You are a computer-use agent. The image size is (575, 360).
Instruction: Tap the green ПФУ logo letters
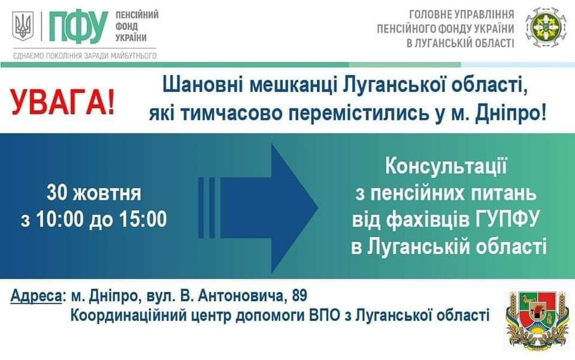pyautogui.click(x=78, y=27)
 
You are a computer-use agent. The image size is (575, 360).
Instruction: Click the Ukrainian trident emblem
pyautogui.click(x=23, y=26)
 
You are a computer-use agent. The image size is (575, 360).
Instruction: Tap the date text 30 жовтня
pyautogui.click(x=93, y=193)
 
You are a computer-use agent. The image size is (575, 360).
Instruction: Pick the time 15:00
pyautogui.click(x=143, y=219)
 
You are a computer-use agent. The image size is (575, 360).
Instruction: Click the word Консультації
pyautogui.click(x=445, y=167)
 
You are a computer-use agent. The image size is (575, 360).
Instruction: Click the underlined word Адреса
pyautogui.click(x=36, y=296)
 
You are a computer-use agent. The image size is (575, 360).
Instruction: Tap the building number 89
pyautogui.click(x=299, y=295)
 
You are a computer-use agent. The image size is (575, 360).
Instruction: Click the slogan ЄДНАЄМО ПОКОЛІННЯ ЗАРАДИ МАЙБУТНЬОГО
pyautogui.click(x=84, y=56)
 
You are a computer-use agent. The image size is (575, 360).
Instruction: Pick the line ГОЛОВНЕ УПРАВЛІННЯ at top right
pyautogui.click(x=462, y=14)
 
